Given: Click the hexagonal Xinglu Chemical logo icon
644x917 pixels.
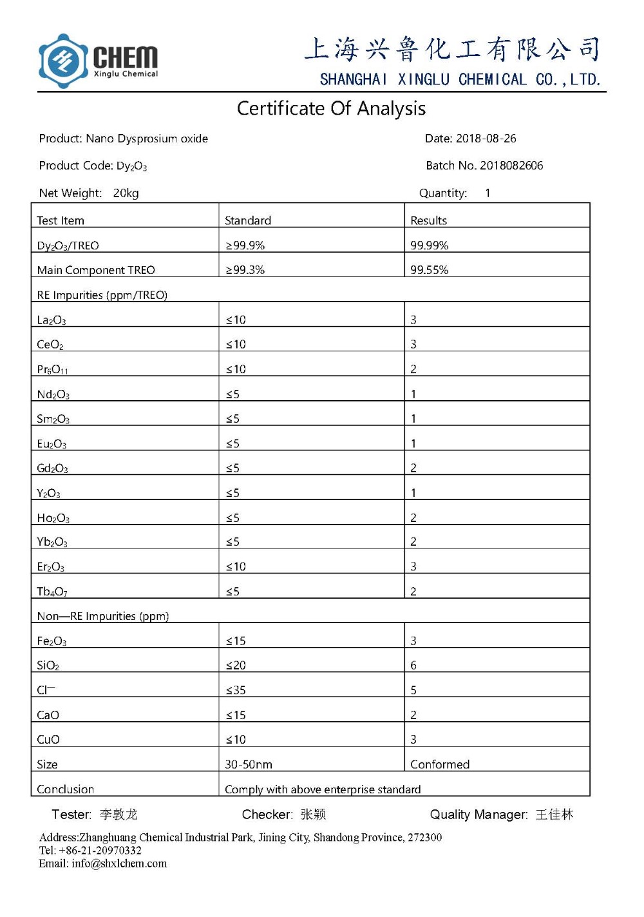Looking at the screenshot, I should tap(63, 61).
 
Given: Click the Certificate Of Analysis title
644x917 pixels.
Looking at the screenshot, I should tap(331, 108).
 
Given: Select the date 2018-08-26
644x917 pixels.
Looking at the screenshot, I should tap(486, 139).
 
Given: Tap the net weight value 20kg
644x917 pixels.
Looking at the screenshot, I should tap(126, 193).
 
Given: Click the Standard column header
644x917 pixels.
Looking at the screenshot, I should tap(248, 220).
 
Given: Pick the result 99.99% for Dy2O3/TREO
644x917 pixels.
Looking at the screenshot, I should tap(430, 246).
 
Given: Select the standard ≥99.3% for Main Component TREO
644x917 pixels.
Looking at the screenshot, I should tap(245, 270).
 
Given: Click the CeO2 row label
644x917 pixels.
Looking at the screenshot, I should tap(50, 345).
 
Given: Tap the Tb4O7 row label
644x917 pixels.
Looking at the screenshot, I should tap(52, 592).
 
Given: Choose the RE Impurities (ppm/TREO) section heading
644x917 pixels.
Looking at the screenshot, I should tap(102, 295).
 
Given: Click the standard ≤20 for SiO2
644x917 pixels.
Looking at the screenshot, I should tap(236, 665).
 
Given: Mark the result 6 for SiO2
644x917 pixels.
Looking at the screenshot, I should tap(413, 665).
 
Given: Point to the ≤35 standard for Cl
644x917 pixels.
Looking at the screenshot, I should tap(236, 690).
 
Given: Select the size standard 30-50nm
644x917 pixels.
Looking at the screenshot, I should tap(249, 764).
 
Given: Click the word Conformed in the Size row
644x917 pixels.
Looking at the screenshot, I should tap(440, 764).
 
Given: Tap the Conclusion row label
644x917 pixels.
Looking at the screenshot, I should tap(66, 789).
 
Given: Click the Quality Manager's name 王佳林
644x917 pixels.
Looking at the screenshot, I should tap(554, 815).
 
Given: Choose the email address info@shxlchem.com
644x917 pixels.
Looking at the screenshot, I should tap(119, 864).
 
